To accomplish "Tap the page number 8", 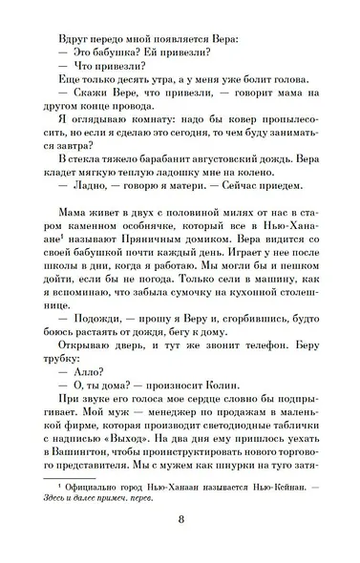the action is (180, 548).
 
